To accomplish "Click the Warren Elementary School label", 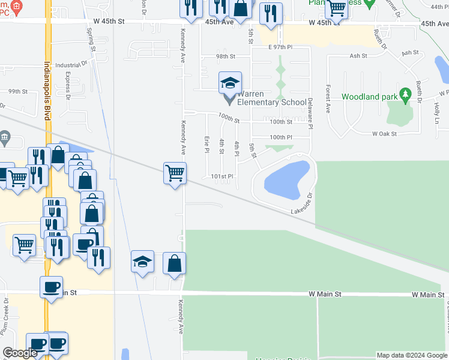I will coord(271,98).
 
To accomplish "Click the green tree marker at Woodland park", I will coord(406,94).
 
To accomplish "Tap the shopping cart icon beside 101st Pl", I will coord(175,173).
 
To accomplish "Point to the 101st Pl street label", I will coord(221,176).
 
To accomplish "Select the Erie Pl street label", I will coord(207,142).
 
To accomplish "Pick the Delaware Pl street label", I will coord(310,113).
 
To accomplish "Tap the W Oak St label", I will coord(384,134).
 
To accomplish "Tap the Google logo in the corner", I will coord(19,353).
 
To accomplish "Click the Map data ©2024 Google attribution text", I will coord(412,355).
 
